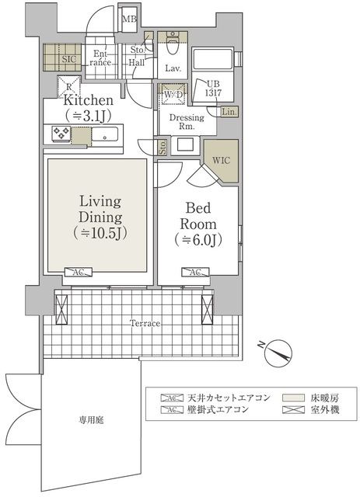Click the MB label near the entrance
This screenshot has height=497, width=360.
click(x=130, y=19)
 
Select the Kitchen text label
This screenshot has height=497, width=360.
click(x=89, y=101)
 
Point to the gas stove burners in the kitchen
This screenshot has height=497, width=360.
click(x=61, y=134)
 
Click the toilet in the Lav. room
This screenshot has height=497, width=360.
click(x=172, y=47)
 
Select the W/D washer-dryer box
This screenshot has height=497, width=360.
click(x=173, y=96)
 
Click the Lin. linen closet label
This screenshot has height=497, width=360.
click(x=229, y=112)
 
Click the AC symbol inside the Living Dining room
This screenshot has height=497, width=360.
click(x=79, y=273)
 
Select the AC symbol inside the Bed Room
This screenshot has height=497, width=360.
click(x=195, y=273)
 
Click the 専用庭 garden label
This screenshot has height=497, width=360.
click(x=91, y=420)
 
